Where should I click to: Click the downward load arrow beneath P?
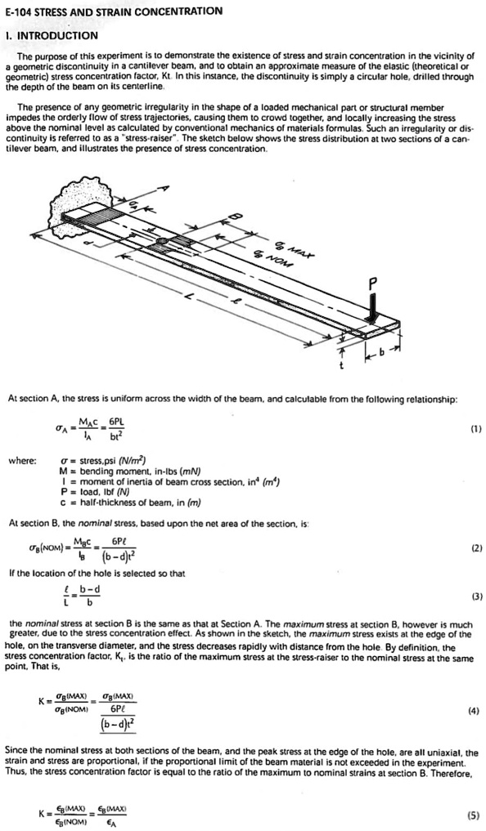372,309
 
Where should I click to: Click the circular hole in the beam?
162,241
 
